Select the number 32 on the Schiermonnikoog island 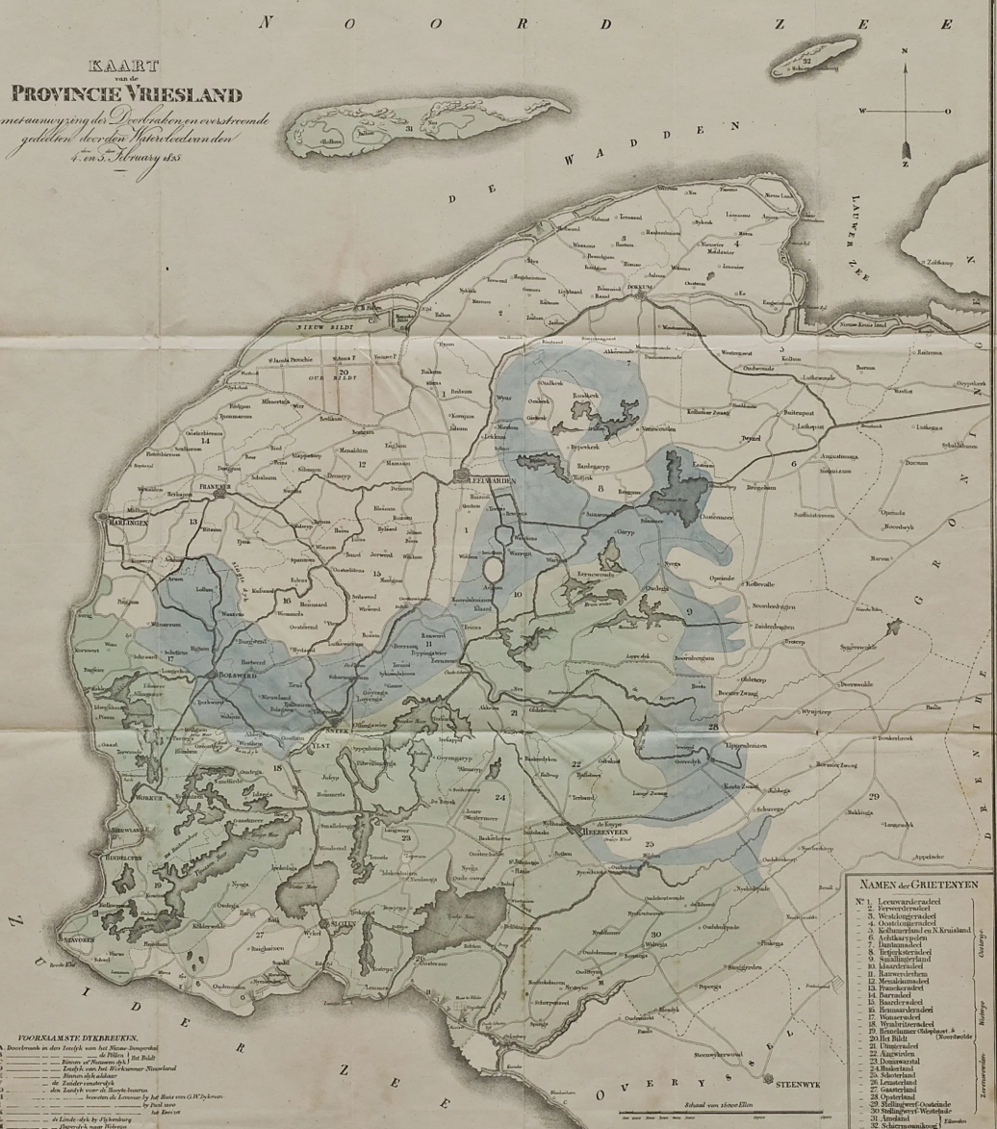point(807,62)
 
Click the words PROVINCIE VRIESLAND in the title point(127,93)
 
